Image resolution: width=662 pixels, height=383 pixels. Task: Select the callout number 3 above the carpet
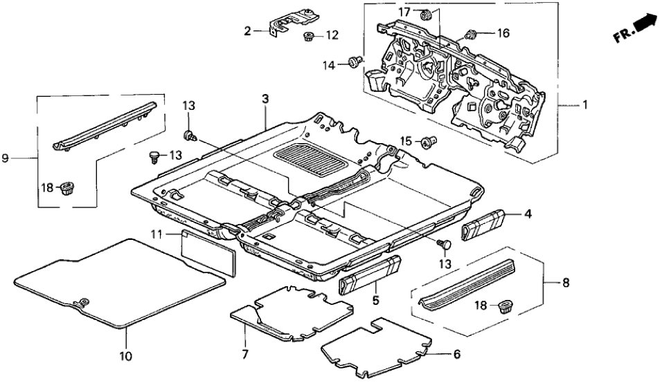point(265,100)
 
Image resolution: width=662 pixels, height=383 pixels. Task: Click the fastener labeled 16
point(471,33)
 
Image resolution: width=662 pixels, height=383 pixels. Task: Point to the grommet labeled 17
point(427,13)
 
